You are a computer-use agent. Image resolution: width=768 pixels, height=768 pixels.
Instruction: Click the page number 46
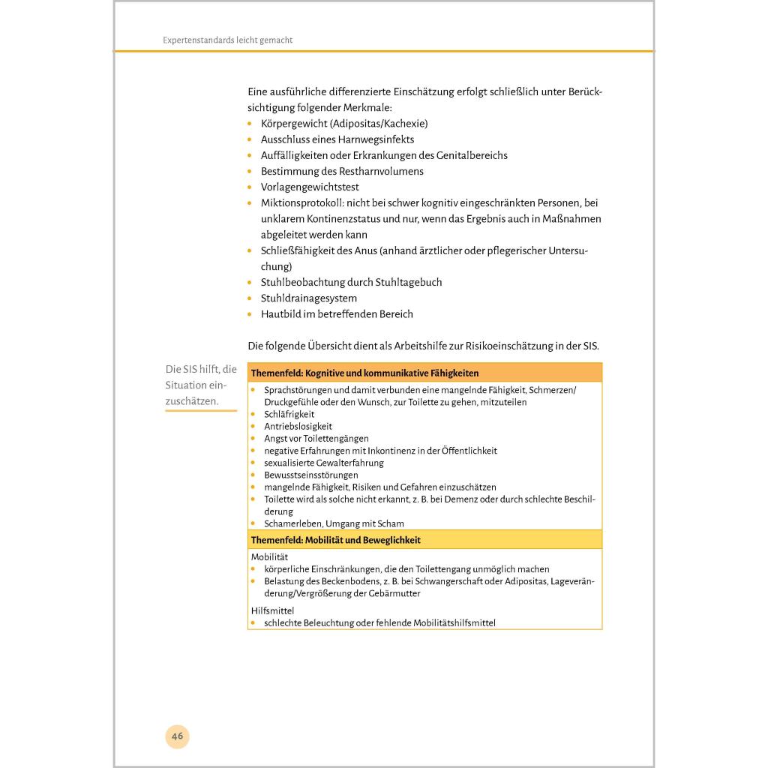pos(177,736)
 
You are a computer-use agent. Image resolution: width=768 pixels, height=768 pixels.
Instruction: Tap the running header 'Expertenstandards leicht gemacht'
pos(227,40)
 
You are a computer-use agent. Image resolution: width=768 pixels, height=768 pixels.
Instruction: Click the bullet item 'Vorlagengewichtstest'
pos(310,187)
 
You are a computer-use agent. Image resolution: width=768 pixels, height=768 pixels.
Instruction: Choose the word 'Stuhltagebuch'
pos(409,283)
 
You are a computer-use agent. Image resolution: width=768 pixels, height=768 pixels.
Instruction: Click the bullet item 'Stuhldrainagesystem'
pos(308,298)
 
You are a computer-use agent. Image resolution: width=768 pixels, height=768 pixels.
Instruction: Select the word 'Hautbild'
pos(280,314)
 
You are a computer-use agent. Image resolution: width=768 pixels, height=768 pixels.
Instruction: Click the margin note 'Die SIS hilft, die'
pos(201,369)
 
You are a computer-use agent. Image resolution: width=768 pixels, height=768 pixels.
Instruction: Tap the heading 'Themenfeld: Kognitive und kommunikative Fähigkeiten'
pos(364,373)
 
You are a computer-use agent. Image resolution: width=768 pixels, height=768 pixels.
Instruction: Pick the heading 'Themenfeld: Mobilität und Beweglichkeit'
pos(335,540)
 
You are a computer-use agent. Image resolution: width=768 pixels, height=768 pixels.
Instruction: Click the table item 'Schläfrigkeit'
pos(289,414)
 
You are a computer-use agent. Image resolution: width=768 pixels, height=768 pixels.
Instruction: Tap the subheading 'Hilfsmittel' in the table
pos(272,610)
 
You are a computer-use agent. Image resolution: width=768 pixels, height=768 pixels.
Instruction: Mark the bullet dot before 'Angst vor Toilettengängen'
pos(253,438)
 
